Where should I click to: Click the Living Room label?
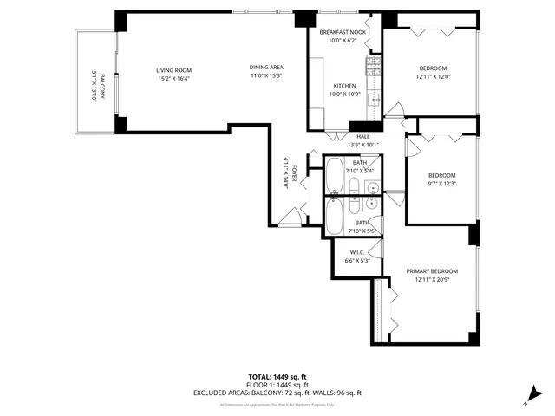[x=174, y=70]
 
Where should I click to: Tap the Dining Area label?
[x=266, y=68]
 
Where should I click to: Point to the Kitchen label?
[x=345, y=85]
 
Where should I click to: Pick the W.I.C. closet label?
[x=356, y=253]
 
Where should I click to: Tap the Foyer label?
[x=294, y=172]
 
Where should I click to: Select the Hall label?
[x=363, y=136]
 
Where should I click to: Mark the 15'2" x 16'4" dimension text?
[x=173, y=79]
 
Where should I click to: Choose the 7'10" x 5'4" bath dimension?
[x=360, y=171]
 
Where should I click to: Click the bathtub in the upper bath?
[x=335, y=177]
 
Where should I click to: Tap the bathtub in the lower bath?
[x=334, y=218]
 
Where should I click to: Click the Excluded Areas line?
[x=277, y=393]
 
